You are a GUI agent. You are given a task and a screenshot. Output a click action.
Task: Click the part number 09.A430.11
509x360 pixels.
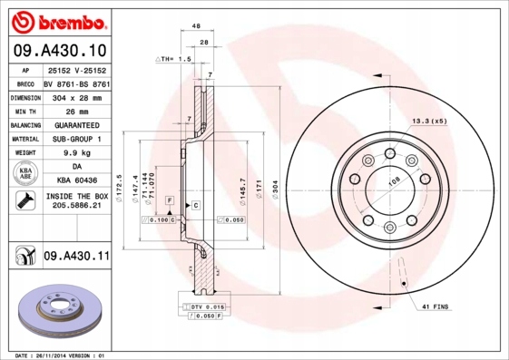pyautogui.click(x=76, y=258)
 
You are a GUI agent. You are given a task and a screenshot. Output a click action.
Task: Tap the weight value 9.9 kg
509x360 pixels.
pyautogui.click(x=76, y=153)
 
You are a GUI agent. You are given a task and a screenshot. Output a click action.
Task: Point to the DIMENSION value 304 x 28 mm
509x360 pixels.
pyautogui.click(x=76, y=95)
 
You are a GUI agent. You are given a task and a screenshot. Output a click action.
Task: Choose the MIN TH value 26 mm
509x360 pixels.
pyautogui.click(x=76, y=110)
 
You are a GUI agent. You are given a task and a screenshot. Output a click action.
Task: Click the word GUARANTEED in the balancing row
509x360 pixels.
pyautogui.click(x=76, y=124)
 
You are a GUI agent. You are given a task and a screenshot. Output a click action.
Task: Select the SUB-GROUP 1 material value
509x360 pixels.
pyautogui.click(x=76, y=139)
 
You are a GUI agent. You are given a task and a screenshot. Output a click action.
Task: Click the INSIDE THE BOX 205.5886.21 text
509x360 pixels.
pyautogui.click(x=76, y=200)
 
